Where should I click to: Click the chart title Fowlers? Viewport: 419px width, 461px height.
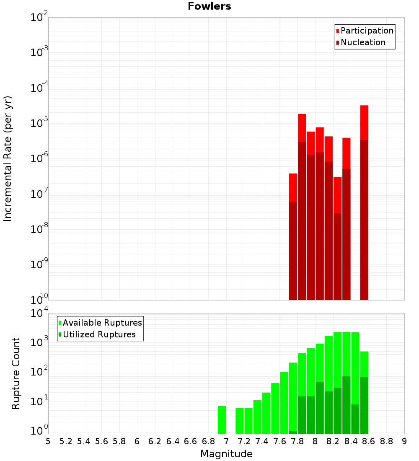tap(209, 6)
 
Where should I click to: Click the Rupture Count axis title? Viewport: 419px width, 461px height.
tap(16, 373)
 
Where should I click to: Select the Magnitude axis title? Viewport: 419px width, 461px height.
tap(226, 454)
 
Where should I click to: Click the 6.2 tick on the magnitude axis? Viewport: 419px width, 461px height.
tap(155, 441)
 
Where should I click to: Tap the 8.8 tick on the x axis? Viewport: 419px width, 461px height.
tap(386, 441)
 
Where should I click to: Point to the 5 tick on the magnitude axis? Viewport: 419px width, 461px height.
tap(48, 441)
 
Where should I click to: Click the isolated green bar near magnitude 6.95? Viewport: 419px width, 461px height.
tap(222, 420)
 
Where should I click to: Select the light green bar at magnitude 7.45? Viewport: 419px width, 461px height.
tap(266, 413)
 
